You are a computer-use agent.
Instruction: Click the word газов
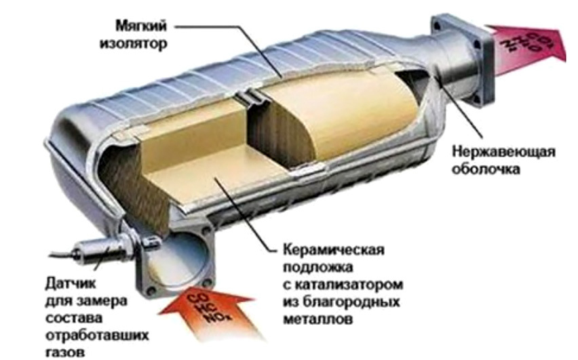67,351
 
